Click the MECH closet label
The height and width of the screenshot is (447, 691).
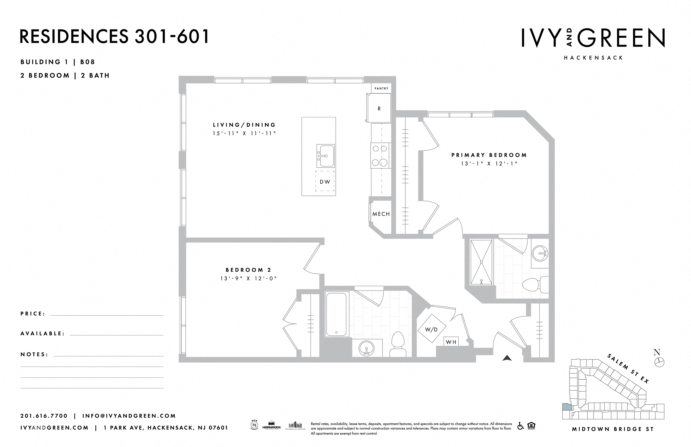(x=381, y=214)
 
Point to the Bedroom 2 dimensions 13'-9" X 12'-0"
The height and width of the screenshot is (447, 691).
(x=248, y=279)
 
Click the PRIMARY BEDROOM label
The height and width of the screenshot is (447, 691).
(x=489, y=155)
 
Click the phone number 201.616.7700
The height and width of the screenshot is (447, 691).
(x=44, y=416)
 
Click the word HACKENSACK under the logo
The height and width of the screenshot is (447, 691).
(x=593, y=58)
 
